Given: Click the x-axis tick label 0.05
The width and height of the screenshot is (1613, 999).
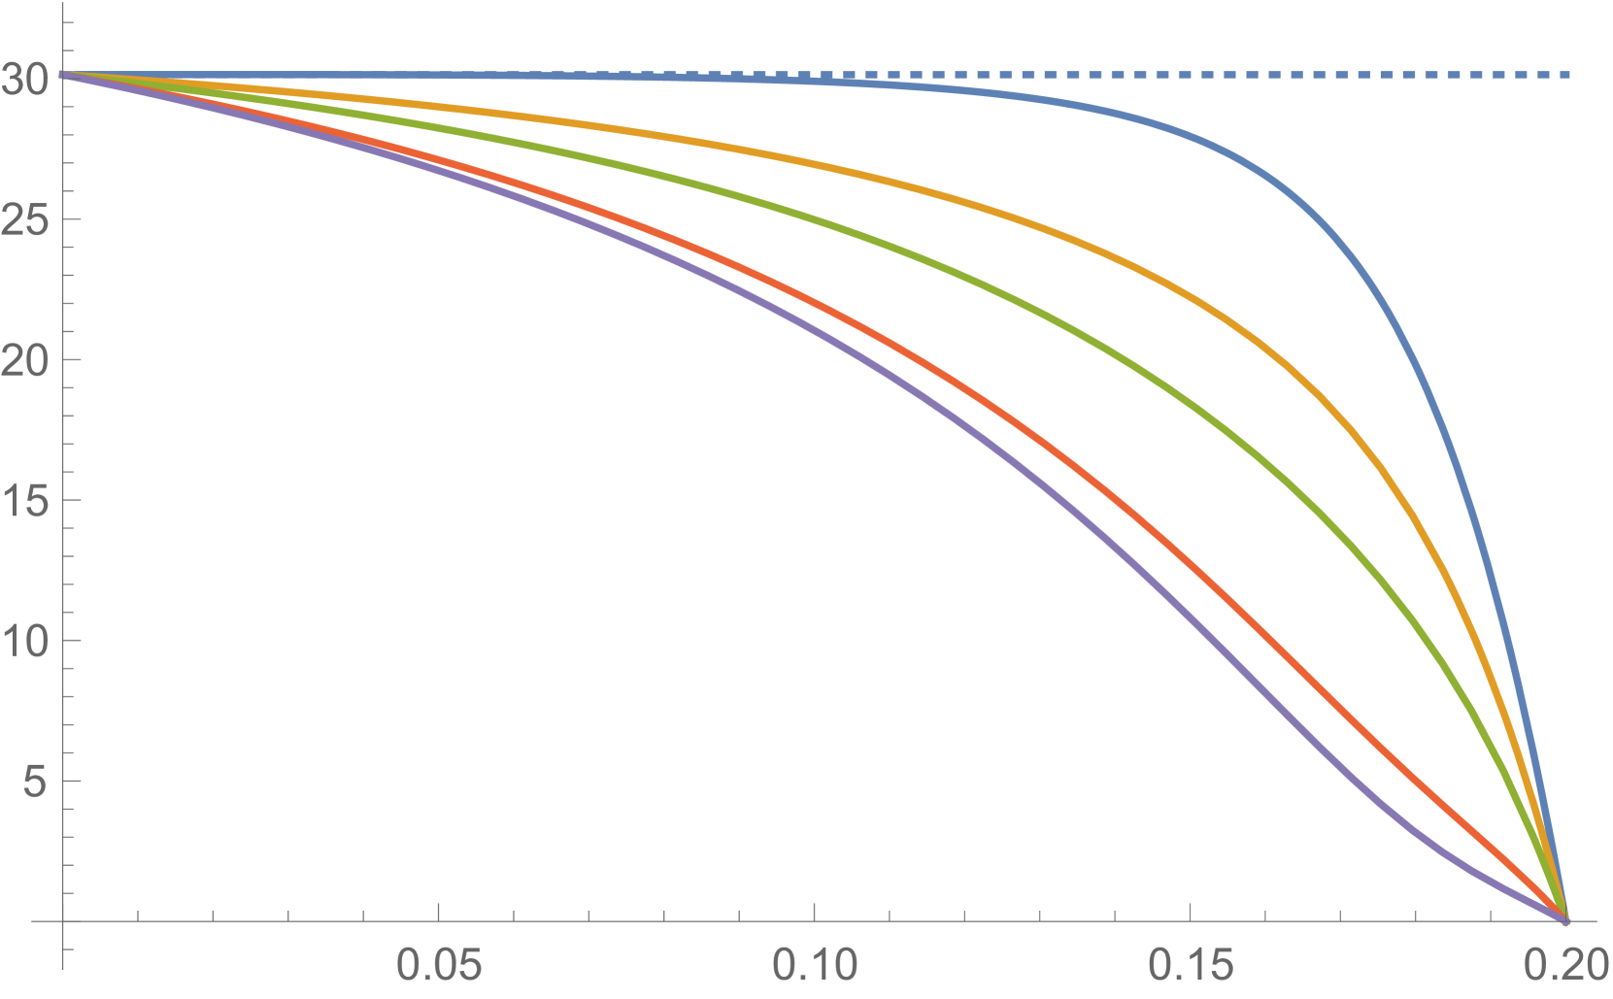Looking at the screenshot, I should click(438, 968).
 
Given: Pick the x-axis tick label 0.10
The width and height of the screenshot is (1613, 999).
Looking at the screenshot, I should click(814, 968).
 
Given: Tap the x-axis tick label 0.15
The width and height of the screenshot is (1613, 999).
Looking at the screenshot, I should click(1190, 968).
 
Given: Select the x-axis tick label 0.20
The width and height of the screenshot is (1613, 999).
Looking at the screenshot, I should click(1565, 968).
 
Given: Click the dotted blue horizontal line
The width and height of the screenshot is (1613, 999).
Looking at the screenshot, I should click(1360, 75).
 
